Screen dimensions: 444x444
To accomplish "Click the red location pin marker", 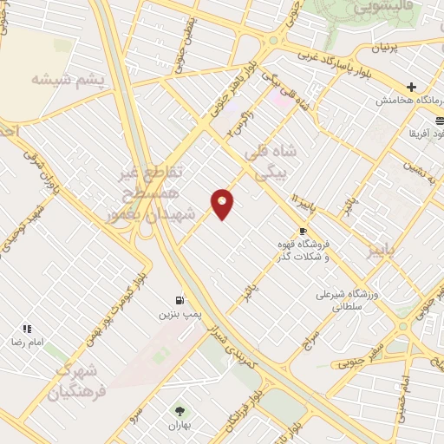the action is click(x=223, y=203).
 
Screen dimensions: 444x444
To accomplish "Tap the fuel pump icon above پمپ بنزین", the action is click(x=179, y=299).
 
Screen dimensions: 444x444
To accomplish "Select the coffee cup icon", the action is click(x=302, y=231).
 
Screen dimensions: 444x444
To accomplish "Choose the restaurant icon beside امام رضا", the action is click(x=27, y=329).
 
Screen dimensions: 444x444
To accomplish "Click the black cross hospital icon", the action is click(x=412, y=87).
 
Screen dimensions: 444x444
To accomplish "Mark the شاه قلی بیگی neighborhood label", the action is click(x=277, y=162).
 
